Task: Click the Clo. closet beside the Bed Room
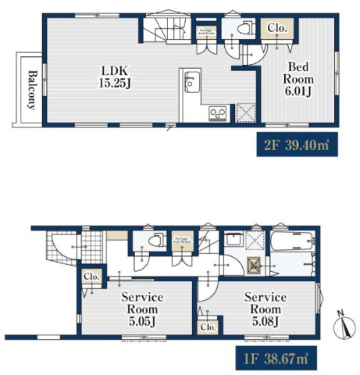pos(277,29)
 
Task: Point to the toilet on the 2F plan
pos(242,29)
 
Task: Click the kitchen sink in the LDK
pos(191,81)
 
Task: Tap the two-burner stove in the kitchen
pos(217,114)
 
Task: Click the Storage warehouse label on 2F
pos(205,31)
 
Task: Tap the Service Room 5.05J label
pos(141,309)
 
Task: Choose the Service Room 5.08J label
pos(265,309)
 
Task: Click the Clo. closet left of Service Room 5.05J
pos(90,277)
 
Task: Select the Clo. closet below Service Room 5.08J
pos(208,328)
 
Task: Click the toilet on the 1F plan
pos(151,240)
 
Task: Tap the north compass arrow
pos(342,324)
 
